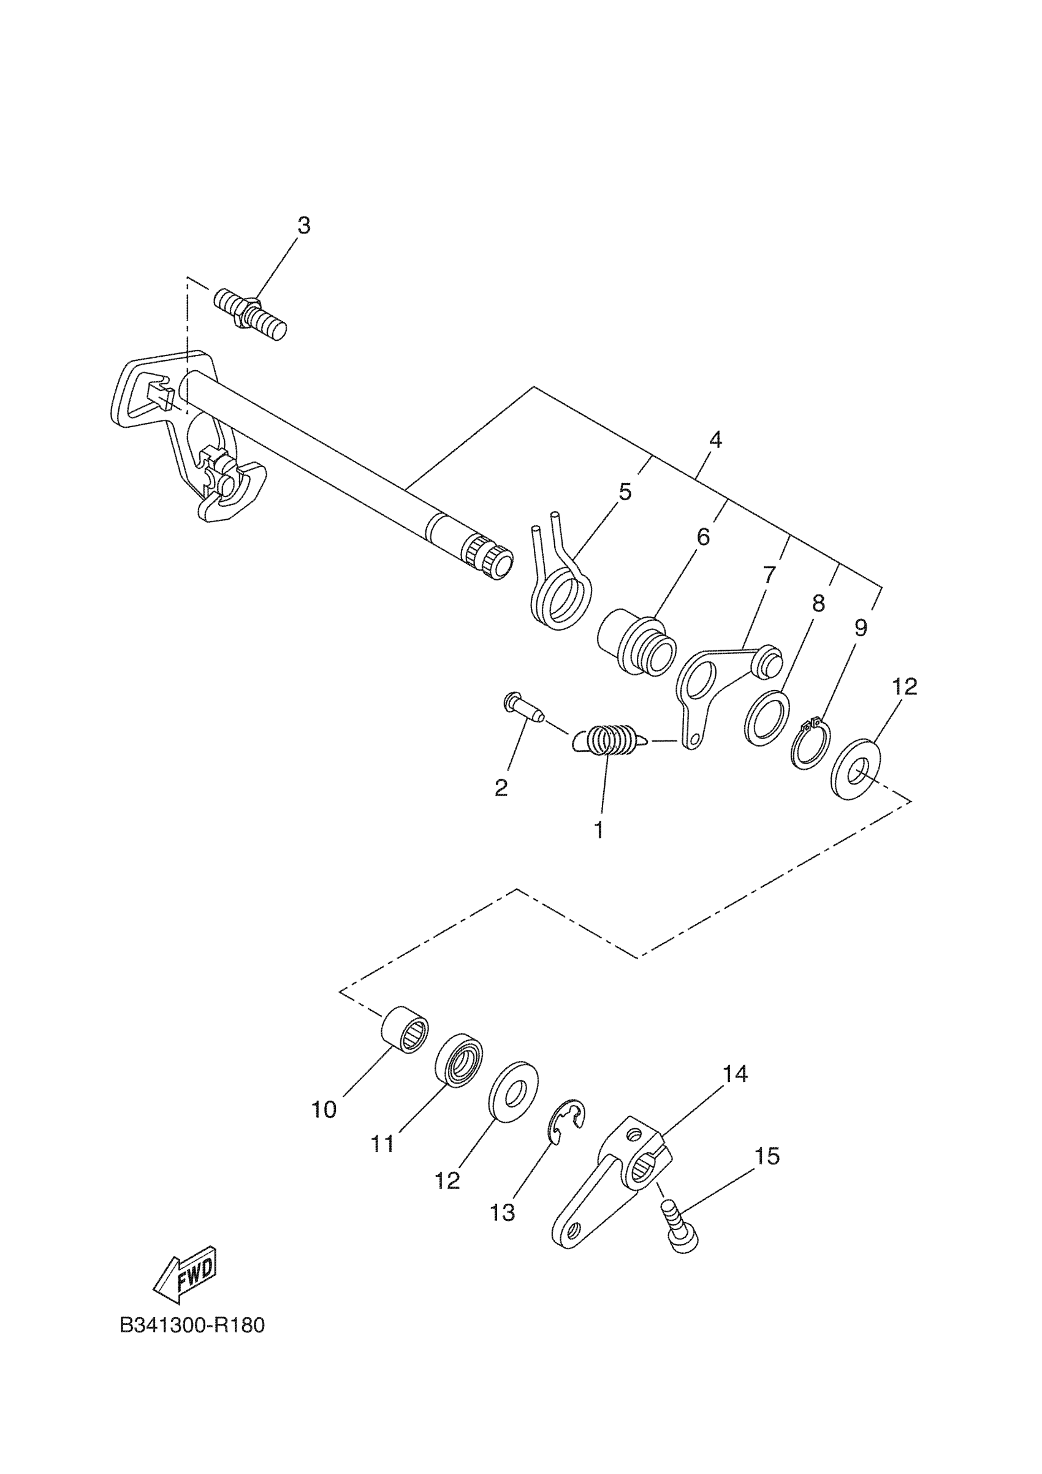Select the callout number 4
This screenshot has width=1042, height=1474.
pyautogui.click(x=715, y=440)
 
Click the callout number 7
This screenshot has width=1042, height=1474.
pyautogui.click(x=769, y=574)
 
